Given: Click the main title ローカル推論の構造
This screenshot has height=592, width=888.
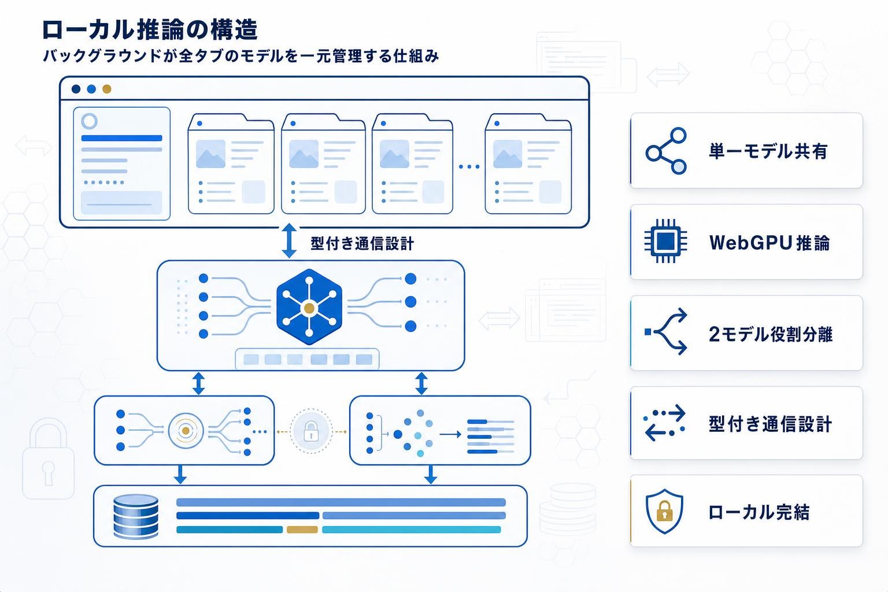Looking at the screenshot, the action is (x=150, y=30).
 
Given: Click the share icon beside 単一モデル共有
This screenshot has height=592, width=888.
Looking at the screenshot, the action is (x=666, y=151).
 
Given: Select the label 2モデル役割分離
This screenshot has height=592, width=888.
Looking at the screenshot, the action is (x=770, y=334).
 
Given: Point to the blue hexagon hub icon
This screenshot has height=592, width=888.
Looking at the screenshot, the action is (x=309, y=307).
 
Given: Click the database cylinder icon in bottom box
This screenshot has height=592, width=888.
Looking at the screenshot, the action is (x=136, y=516).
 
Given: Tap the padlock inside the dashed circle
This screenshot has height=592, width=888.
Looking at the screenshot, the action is (x=311, y=431).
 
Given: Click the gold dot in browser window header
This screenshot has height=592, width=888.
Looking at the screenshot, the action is (x=106, y=89).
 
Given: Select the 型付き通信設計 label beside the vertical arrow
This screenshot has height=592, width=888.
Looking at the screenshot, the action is (x=362, y=243).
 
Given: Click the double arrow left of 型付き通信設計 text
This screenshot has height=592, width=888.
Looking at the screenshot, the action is (x=288, y=242).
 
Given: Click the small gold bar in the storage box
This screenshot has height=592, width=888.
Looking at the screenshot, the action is (x=302, y=530).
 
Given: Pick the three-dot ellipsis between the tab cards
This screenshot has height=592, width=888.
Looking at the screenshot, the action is (x=469, y=166).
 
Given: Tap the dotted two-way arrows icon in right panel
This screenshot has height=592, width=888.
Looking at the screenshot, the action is (x=665, y=423).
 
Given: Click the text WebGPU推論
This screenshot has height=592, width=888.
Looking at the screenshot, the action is (x=769, y=243).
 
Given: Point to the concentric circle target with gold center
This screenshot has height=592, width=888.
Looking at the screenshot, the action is (x=185, y=431).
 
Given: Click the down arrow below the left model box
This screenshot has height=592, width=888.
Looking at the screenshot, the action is (x=180, y=473).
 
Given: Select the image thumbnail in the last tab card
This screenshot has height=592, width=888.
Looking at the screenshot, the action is (x=507, y=154).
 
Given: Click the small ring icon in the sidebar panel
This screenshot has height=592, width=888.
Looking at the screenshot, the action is (x=90, y=121).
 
